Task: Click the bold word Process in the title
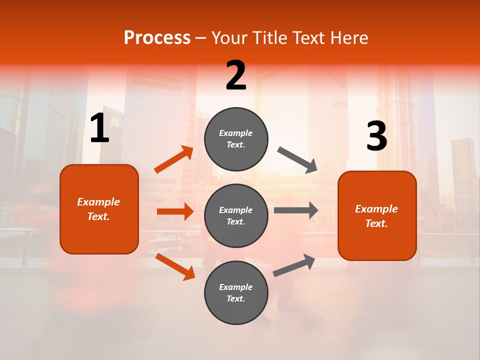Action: (157, 38)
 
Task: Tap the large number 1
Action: (99, 129)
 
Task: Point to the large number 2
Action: (236, 75)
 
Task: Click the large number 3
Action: (376, 136)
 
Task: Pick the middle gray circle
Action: (236, 215)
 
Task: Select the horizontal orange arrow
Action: (175, 211)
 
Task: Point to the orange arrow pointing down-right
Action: (175, 266)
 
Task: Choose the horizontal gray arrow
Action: (296, 210)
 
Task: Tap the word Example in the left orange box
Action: (98, 202)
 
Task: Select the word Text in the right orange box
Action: (376, 223)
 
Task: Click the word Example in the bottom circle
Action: (235, 287)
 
